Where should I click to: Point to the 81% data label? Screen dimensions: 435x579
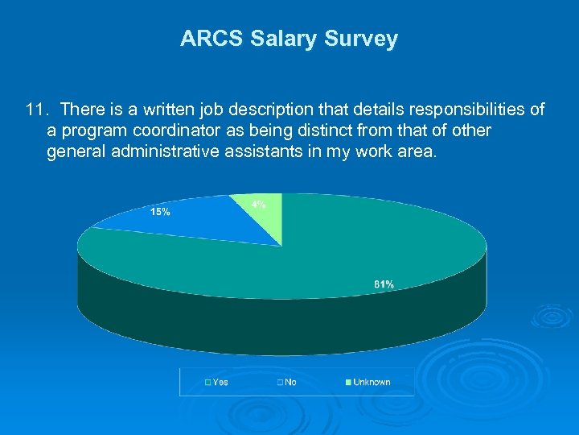pos(384,284)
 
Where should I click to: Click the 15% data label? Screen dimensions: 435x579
pos(160,212)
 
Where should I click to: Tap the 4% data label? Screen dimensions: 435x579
pos(259,205)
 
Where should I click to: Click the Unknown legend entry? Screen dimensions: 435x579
pos(372,382)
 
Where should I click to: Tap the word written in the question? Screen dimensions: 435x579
pos(173,109)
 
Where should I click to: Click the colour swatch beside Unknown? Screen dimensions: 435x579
pos(348,382)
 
